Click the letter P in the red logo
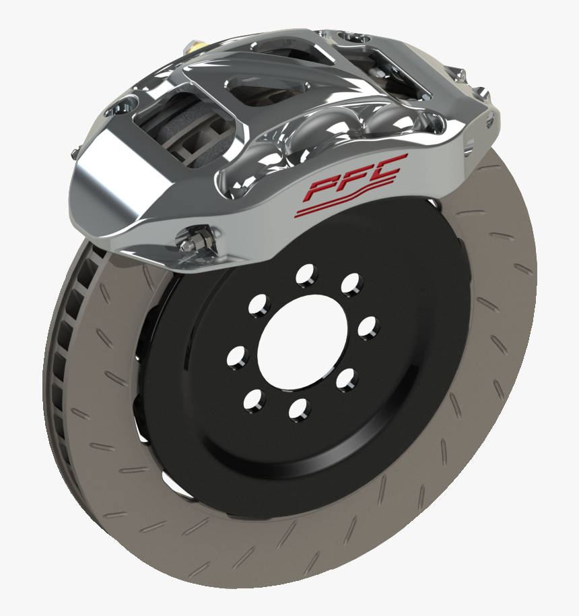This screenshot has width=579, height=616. [322, 188]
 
